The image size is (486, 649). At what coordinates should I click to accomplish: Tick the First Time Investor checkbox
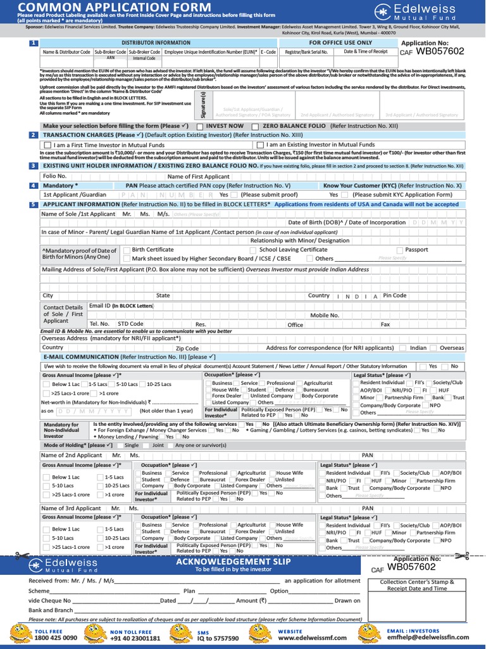tap(48, 145)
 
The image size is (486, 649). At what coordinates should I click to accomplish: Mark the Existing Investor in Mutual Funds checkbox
tap(261, 145)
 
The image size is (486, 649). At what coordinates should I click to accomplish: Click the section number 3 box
tap(34, 165)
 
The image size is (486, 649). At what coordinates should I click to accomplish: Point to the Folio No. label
tap(54, 176)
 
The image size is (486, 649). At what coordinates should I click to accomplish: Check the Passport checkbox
tap(400, 250)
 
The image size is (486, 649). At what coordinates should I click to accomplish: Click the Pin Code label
tap(395, 295)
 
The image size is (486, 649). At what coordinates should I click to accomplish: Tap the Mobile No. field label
tap(324, 315)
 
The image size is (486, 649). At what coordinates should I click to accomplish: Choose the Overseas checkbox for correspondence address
tap(435, 348)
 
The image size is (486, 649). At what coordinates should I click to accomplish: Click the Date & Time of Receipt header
tap(365, 51)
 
